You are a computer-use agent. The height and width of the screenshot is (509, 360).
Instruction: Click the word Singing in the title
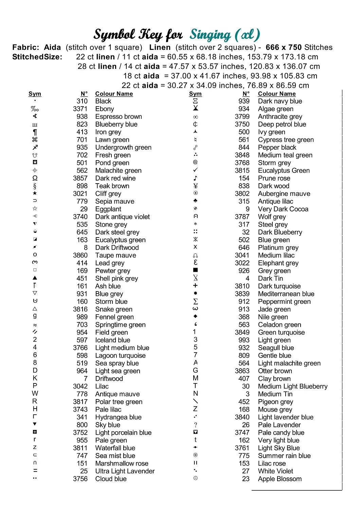pos(210,35)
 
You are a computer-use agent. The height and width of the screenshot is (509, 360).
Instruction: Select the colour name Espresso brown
pos(119,117)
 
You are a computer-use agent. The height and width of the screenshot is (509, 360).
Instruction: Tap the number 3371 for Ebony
pos(80,109)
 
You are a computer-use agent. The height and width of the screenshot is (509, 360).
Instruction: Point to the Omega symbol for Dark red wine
pos(35,178)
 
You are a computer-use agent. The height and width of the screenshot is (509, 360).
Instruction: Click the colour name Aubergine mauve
pos(284,194)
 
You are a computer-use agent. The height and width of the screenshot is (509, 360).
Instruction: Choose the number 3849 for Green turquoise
pos(242,333)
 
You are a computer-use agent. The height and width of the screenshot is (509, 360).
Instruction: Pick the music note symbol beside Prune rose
pos(195,178)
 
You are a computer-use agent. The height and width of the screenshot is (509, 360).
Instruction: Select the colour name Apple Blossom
pos(280,479)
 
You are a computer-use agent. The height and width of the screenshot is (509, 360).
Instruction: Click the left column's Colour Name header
pos(114,94)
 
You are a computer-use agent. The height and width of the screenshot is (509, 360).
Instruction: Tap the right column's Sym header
pos(195,94)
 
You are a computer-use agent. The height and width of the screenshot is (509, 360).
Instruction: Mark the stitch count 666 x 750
pos(284,48)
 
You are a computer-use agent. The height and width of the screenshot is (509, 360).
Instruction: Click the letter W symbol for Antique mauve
pos(35,394)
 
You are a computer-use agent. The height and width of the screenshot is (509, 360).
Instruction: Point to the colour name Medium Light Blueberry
pos(292,387)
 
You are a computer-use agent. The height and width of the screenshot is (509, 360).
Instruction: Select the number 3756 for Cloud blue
pos(80,479)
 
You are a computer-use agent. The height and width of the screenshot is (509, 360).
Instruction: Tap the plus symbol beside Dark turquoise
pos(195,286)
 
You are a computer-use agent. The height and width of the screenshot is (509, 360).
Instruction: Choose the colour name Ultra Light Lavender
pos(125,471)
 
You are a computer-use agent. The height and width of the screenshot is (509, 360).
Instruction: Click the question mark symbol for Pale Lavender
pos(195,425)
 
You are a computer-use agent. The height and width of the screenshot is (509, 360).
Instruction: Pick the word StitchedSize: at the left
pos(37,57)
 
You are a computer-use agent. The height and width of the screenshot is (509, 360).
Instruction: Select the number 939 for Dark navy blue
pos(244,101)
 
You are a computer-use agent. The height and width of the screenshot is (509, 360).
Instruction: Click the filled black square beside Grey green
pos(195,270)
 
